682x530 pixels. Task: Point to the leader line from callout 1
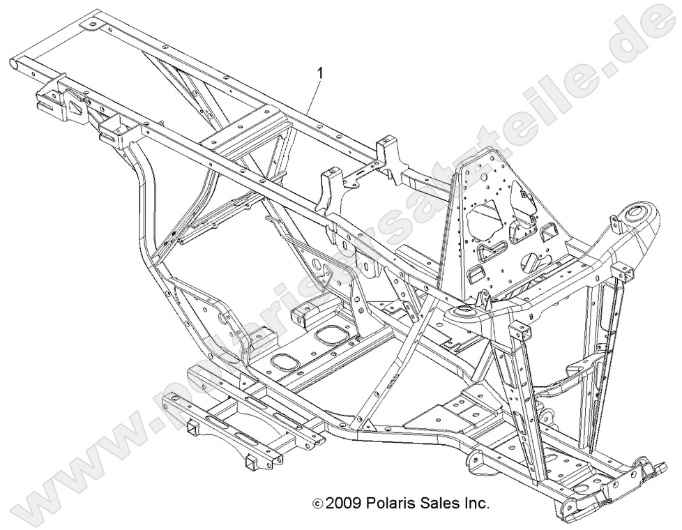pos(313,94)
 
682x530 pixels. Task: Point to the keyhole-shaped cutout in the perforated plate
pos(531,264)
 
